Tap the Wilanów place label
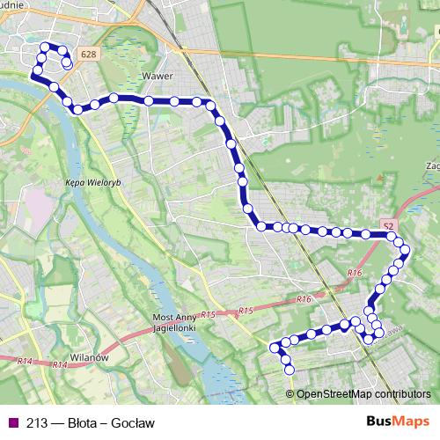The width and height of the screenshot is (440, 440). (x=89, y=358)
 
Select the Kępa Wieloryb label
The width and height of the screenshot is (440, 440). (x=85, y=184)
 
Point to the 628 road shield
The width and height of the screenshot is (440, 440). (x=85, y=54)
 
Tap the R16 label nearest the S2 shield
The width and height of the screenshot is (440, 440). (x=355, y=274)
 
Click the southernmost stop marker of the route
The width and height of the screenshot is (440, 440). (x=289, y=370)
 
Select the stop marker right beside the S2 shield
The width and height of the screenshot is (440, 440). (x=388, y=234)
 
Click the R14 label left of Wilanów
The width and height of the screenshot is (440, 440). (x=23, y=361)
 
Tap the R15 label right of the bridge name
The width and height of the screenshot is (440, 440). (x=209, y=315)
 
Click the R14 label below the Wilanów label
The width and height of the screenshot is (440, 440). (x=60, y=364)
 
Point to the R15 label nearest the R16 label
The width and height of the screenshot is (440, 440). (x=245, y=311)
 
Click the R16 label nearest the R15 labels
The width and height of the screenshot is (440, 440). (x=304, y=299)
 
